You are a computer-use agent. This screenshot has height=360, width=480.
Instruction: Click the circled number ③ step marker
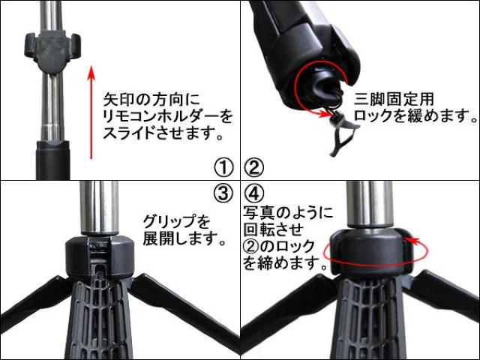(223, 193)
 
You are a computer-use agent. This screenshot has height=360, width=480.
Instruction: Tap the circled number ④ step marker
(256, 193)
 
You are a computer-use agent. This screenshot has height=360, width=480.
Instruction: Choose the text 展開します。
(184, 240)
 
